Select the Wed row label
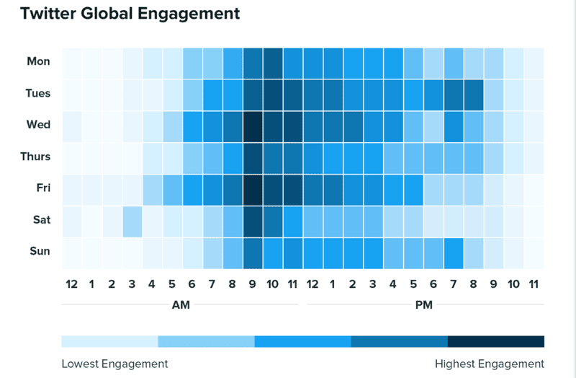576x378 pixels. tap(38, 125)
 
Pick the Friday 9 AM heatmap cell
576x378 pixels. tap(253, 188)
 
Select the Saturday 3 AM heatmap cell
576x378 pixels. tap(132, 220)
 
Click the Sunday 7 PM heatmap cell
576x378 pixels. tap(453, 252)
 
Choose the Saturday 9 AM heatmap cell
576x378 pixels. tap(253, 220)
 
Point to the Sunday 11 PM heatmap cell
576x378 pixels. tap(534, 252)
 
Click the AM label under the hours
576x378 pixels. tap(181, 305)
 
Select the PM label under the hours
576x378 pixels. tap(424, 305)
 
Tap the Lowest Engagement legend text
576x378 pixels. tap(114, 364)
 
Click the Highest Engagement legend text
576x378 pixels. tap(490, 364)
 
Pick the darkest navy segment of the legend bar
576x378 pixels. tap(496, 341)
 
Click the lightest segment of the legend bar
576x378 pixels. tap(109, 341)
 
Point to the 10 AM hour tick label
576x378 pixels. tap(273, 284)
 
